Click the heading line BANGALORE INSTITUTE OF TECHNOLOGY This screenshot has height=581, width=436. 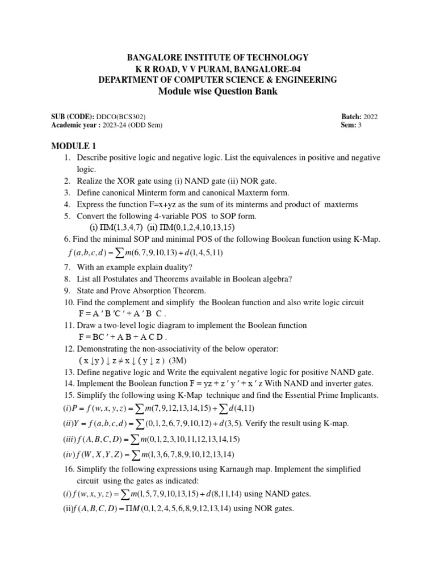point(217,57)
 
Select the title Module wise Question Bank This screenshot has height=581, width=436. point(217,92)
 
